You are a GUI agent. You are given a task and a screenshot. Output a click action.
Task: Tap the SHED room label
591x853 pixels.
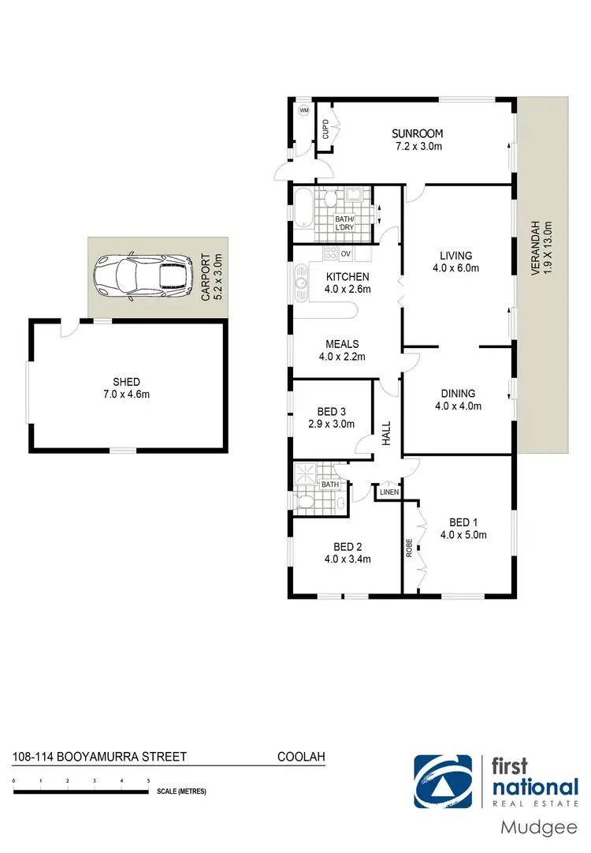click(127, 382)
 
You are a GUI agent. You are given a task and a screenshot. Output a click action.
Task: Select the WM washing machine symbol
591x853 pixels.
click(304, 111)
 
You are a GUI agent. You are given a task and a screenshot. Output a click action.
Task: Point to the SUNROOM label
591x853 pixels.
click(418, 134)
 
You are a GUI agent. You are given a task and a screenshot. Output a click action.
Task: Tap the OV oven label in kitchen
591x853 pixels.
click(345, 253)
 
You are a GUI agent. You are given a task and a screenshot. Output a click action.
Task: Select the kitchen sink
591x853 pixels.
click(300, 281)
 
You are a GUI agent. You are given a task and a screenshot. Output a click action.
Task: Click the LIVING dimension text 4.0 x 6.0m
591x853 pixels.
click(456, 267)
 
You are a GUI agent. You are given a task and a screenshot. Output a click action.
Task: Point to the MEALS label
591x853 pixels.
click(343, 344)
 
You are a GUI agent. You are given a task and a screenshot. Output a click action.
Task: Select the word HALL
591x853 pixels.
click(387, 433)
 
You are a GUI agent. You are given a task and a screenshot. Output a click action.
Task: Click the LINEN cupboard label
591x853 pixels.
click(389, 492)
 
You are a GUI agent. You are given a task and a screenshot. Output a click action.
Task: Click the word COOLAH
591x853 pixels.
click(301, 757)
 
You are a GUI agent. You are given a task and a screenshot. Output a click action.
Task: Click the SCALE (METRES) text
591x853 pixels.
click(181, 791)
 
